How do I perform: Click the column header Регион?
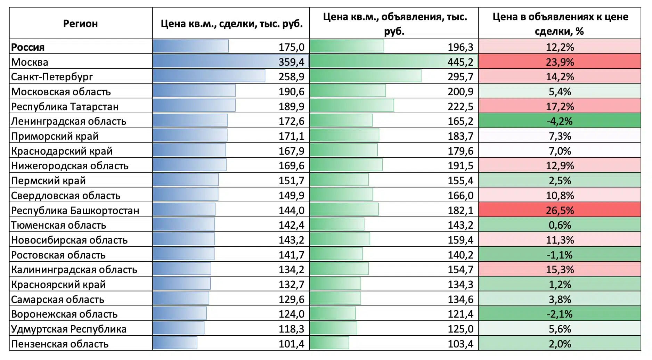pyautogui.click(x=80, y=24)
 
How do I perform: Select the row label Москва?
pyautogui.click(x=30, y=62)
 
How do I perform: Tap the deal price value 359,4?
pyautogui.click(x=291, y=62)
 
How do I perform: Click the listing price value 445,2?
pyautogui.click(x=460, y=62)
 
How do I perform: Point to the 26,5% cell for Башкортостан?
pyautogui.click(x=560, y=210)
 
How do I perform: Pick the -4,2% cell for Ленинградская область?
pyautogui.click(x=560, y=121)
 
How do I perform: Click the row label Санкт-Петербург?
pyautogui.click(x=52, y=76)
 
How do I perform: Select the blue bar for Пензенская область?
pyautogui.click(x=175, y=343)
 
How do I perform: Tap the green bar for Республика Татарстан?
pyautogui.click(x=352, y=106)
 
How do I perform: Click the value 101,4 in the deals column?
pyautogui.click(x=291, y=344)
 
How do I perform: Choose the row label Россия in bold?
pyautogui.click(x=28, y=47)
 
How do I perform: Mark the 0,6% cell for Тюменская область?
pyautogui.click(x=560, y=225)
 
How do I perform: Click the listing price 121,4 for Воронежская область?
pyautogui.click(x=460, y=314)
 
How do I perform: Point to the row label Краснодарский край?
pyautogui.click(x=62, y=151)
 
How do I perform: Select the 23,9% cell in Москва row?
pyautogui.click(x=560, y=62)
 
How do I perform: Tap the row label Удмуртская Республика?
pyautogui.click(x=68, y=329)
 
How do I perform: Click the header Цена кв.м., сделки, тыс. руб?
pyautogui.click(x=231, y=24)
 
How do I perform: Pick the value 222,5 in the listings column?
pyautogui.click(x=460, y=106)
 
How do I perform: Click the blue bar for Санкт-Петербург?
pyautogui.click(x=209, y=76)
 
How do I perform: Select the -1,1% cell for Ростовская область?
pyautogui.click(x=560, y=255)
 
